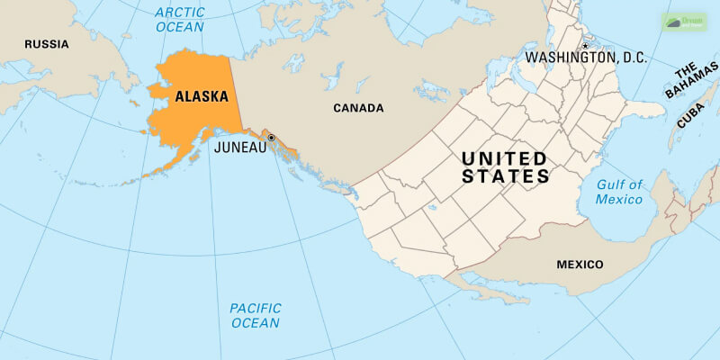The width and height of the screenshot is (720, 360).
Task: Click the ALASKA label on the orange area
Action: pos(201,95)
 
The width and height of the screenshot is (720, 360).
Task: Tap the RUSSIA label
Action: pos(46,43)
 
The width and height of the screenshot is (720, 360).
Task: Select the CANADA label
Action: pos(358,108)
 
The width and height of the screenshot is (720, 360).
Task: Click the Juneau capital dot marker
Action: pos(271,138)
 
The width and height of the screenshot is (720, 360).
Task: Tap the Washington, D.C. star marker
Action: pos(585,46)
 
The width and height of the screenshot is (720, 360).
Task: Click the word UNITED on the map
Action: pos(503,158)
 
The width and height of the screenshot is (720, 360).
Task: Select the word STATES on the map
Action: pos(505,177)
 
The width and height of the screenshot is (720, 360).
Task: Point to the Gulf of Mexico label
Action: pos(619,192)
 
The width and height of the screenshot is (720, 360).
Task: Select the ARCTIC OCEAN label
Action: pos(180,19)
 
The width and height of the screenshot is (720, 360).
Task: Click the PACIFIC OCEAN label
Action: pos(254,315)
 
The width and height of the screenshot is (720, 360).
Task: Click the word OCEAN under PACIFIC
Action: pos(254,322)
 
